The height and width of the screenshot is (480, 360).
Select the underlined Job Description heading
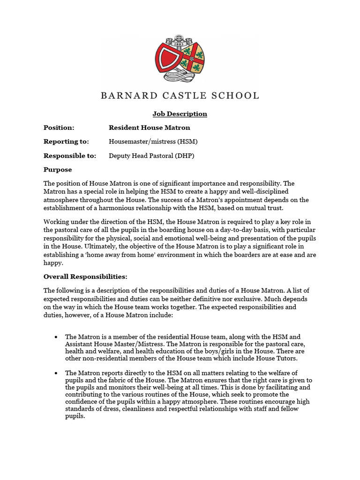coord(180,114)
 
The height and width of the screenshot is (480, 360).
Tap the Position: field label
coord(59,127)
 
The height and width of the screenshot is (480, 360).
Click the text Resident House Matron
coord(149,127)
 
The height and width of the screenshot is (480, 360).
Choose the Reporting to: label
coord(66,142)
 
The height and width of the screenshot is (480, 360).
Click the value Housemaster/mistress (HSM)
coord(150,142)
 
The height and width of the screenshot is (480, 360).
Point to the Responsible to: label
coord(70,156)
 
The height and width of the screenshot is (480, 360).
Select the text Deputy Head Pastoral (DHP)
coord(151,156)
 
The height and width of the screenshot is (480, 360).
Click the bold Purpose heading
coord(58,169)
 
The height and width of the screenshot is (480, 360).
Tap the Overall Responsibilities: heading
coord(85,276)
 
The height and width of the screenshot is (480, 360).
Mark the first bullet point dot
coord(56,337)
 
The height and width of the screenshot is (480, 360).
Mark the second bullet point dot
coord(56,373)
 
